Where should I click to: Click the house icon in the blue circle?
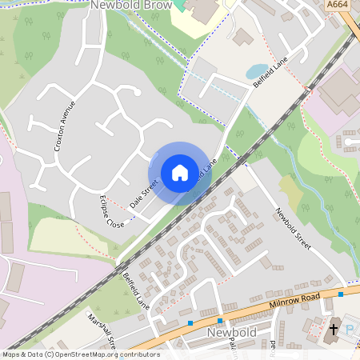point(180,172)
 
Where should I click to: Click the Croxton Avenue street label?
point(64,126)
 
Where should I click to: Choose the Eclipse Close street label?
point(111,210)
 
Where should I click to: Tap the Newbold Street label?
point(292,228)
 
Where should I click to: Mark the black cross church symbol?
point(335,328)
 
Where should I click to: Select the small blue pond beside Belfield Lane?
point(258,72)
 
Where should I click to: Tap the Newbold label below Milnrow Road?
point(230,331)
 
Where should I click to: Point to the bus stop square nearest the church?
point(340,294)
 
